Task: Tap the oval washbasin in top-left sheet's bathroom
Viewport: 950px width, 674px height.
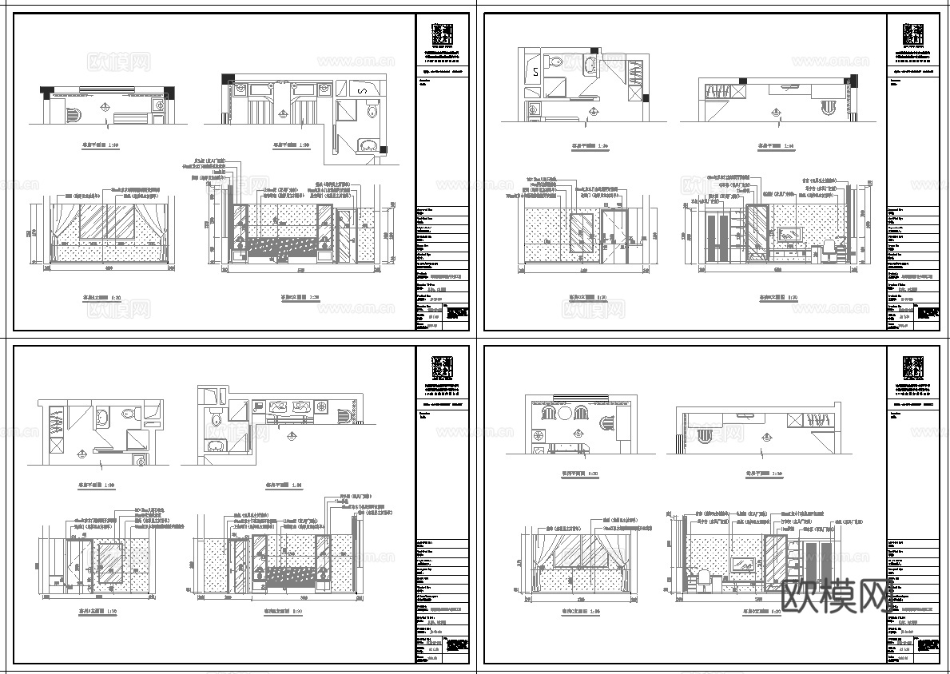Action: point(369,145)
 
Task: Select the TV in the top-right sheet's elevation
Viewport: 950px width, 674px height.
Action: point(792,234)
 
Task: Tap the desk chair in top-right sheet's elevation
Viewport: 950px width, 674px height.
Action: point(831,250)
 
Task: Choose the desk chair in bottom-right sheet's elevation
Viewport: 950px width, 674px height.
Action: point(702,579)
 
